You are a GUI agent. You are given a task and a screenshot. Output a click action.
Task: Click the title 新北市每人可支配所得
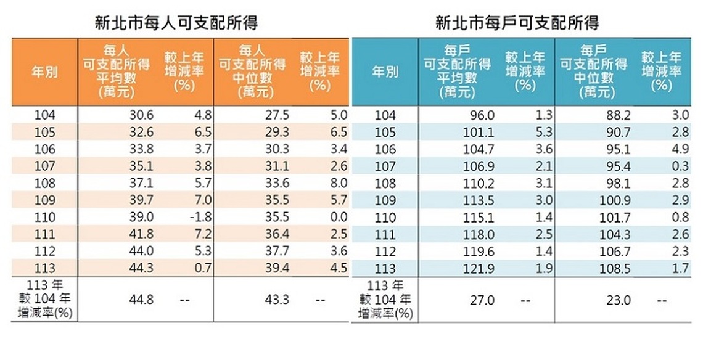coord(176,23)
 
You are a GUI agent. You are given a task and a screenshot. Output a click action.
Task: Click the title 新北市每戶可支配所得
coord(517,23)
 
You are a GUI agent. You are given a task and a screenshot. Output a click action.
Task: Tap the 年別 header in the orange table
coord(44,72)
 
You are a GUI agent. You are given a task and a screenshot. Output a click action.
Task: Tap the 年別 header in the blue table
coord(385,72)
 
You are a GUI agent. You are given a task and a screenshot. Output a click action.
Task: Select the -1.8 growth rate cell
coord(200,217)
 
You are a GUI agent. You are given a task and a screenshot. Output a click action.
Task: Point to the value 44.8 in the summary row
coord(141,299)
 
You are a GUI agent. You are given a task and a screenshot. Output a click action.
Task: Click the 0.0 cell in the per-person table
coord(339,217)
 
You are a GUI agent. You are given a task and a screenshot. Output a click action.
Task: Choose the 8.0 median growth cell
coord(339,183)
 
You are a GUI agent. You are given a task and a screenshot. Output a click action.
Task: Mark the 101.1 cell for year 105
coord(480,133)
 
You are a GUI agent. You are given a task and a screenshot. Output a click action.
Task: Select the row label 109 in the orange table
coord(45,200)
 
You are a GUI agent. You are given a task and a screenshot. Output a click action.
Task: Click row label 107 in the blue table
coord(385,166)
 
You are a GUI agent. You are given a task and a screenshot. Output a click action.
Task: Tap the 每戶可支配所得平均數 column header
coord(458,72)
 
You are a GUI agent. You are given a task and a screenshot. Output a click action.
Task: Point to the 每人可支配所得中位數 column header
coord(252,72)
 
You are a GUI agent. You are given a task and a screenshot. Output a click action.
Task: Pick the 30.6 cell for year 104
coord(141,115)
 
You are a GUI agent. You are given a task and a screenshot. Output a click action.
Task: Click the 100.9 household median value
coord(615,200)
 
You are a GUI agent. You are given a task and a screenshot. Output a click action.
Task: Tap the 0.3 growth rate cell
coord(680,166)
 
